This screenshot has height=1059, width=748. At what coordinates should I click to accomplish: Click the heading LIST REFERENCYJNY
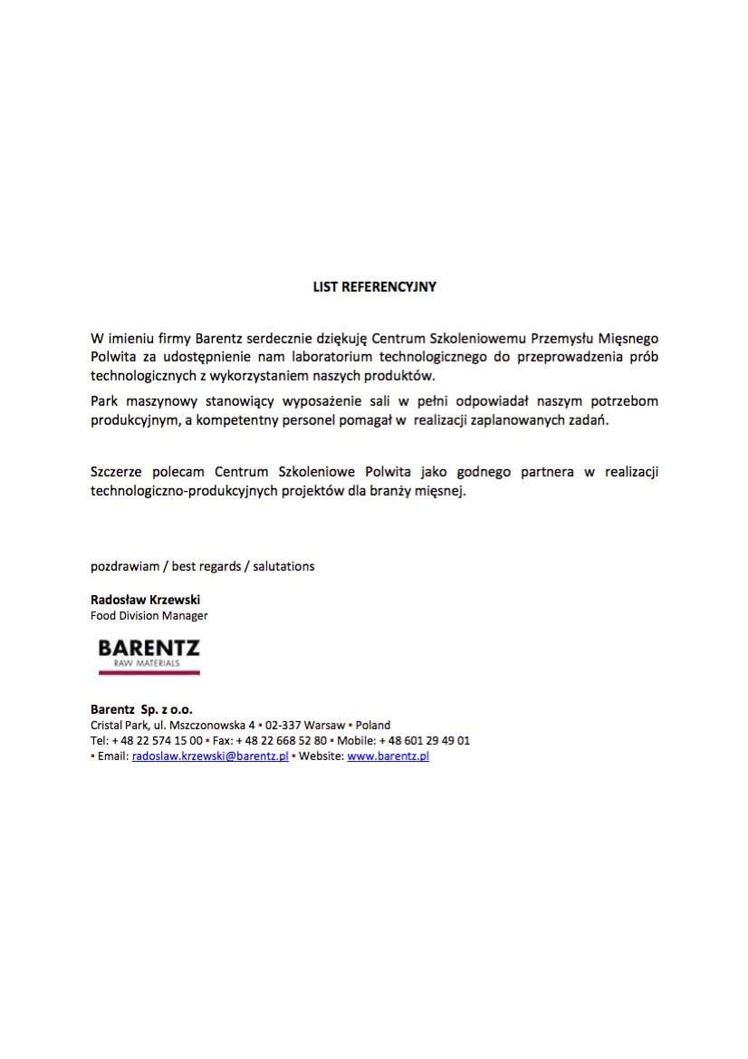(x=374, y=286)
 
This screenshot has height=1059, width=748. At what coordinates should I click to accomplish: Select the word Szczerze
(x=117, y=472)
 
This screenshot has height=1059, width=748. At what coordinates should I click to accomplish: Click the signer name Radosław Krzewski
(x=145, y=600)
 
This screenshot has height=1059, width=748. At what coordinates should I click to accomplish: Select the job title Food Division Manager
(x=149, y=616)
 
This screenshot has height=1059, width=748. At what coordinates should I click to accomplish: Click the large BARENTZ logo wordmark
(x=149, y=649)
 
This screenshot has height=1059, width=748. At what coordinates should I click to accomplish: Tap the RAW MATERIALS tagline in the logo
(x=139, y=664)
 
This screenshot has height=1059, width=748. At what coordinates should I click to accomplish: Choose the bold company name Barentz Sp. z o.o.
(x=141, y=709)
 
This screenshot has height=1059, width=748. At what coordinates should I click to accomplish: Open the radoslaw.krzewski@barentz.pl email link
(x=210, y=756)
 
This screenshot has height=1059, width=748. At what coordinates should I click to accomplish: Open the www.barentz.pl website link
(x=388, y=756)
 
